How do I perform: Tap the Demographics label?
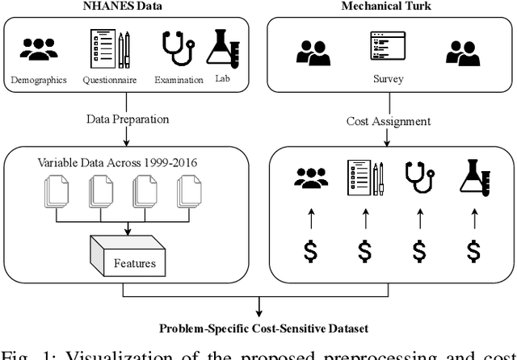coord(39,79)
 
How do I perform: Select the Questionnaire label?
coord(110,79)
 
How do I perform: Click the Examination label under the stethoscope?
coord(176,79)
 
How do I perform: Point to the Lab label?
coord(223,78)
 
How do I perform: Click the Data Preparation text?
coord(128,119)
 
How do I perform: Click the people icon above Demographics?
coord(39,48)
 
